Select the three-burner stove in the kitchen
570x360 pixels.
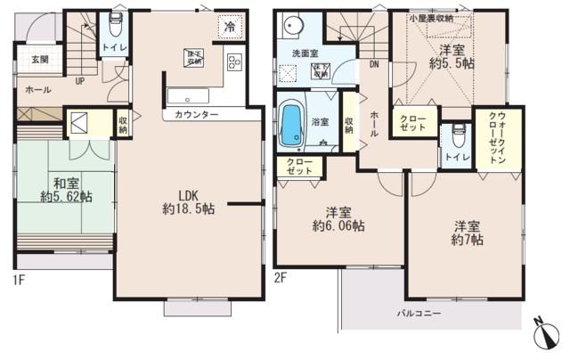tap(235, 62)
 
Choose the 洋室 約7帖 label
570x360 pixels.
tap(466, 233)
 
